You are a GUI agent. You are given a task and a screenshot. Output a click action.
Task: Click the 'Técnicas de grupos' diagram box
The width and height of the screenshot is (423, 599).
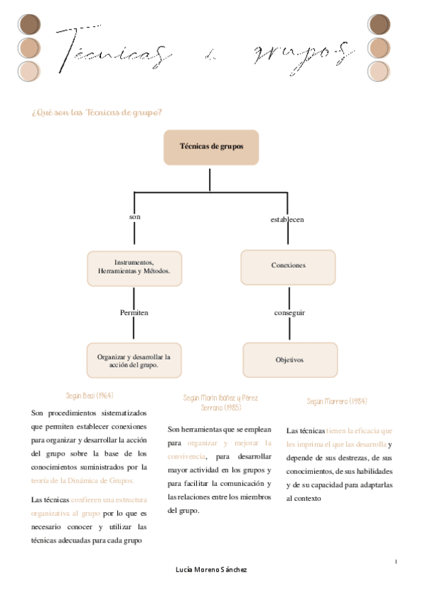pyautogui.click(x=211, y=148)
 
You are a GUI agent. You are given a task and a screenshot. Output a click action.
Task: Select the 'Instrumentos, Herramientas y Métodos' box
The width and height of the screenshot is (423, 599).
pyautogui.click(x=134, y=268)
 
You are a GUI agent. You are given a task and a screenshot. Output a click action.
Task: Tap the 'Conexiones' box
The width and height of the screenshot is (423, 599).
pyautogui.click(x=288, y=266)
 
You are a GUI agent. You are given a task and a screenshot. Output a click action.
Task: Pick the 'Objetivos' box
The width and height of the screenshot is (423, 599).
pyautogui.click(x=290, y=360)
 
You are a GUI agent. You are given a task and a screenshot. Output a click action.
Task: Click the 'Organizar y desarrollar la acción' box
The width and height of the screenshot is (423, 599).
pyautogui.click(x=134, y=361)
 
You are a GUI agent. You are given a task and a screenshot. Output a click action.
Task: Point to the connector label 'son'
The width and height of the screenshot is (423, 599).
pyautogui.click(x=135, y=217)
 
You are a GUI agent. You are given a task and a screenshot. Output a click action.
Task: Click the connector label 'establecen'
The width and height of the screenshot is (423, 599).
pyautogui.click(x=287, y=220)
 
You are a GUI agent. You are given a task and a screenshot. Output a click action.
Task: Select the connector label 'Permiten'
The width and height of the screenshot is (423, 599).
pyautogui.click(x=134, y=312)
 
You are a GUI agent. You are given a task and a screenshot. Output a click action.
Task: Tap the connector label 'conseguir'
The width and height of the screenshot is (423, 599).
pyautogui.click(x=290, y=312)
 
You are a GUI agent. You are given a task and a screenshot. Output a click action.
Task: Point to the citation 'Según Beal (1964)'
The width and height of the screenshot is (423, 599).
pyautogui.click(x=90, y=396)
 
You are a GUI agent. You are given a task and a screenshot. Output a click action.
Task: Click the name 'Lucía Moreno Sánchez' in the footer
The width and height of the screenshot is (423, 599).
pyautogui.click(x=211, y=569)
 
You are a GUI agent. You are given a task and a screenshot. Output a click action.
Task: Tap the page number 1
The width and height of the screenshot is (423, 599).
pyautogui.click(x=397, y=561)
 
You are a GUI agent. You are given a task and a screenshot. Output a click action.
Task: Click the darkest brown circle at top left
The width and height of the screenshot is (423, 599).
pyautogui.click(x=30, y=25)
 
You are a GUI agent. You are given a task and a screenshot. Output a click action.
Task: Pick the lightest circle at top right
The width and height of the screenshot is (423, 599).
pyautogui.click(x=379, y=72)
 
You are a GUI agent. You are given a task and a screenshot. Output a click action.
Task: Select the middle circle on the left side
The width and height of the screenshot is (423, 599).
pyautogui.click(x=30, y=48)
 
